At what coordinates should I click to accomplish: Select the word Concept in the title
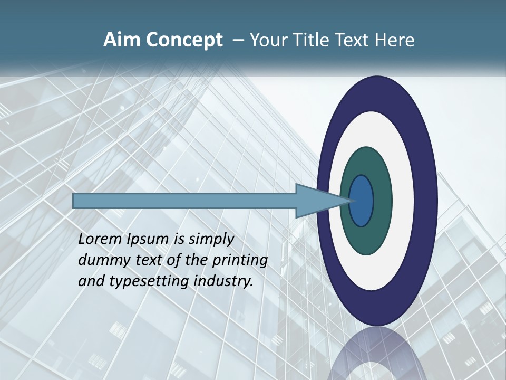click(x=183, y=40)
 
